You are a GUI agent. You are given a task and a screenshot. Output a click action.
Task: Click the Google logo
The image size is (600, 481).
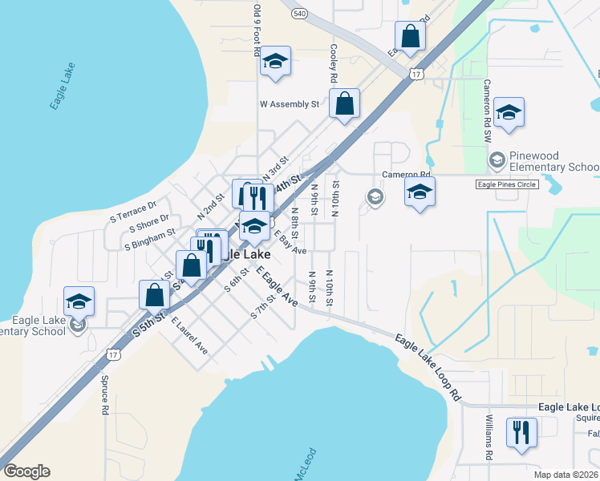tap(26, 471)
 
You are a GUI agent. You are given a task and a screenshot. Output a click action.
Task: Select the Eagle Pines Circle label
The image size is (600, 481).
tap(506, 184)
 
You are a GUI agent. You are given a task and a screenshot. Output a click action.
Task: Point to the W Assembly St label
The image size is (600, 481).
tap(289, 104)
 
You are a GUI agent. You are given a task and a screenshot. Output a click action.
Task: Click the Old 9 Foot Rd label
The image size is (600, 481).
tap(257, 30)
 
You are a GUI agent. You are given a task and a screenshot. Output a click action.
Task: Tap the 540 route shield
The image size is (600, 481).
tap(299, 14)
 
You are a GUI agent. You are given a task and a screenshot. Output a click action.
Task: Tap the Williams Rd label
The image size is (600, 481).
tap(489, 438)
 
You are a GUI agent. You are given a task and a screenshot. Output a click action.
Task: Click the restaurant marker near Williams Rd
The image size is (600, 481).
tap(521, 433)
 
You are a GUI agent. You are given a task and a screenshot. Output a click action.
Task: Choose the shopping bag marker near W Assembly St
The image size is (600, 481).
tap(344, 104)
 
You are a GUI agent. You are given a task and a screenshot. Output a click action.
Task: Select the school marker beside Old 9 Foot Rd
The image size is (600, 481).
tap(275, 62)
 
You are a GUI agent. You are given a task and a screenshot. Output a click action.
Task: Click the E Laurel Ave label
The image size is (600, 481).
tap(189, 336)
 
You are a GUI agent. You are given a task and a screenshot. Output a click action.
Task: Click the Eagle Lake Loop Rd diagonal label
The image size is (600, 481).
tap(429, 366)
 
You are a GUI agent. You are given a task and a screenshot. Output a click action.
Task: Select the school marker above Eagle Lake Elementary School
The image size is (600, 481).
tap(79, 302)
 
